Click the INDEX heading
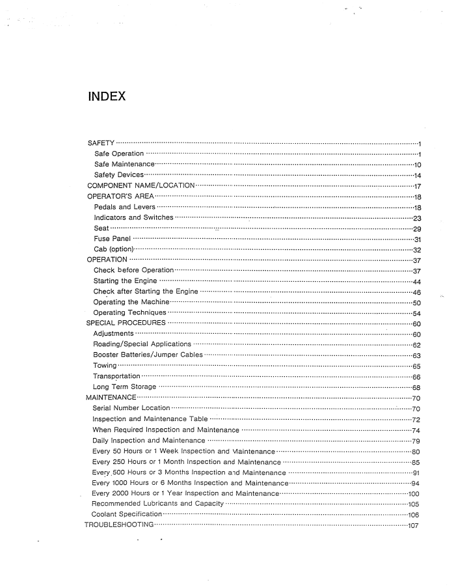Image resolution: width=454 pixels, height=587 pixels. point(107,98)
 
